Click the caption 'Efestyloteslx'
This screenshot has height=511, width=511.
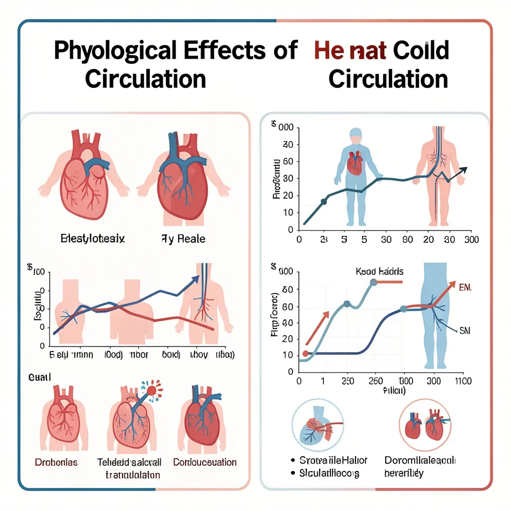coord(92,239)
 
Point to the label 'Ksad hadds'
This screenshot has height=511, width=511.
coord(380,271)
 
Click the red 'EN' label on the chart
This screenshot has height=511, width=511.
coord(464,288)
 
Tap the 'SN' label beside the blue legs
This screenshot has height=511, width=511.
coord(465,330)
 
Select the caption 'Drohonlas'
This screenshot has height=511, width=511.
coord(56,462)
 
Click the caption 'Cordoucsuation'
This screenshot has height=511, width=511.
coord(205,462)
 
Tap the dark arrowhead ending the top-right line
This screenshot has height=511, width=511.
coord(464,170)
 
